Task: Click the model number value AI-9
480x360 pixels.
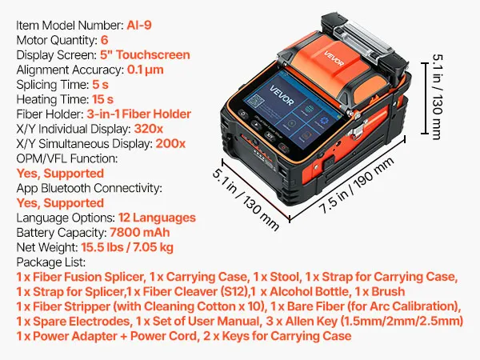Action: click(139, 25)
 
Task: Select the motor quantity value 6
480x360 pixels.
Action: click(104, 40)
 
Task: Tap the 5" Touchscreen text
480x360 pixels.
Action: click(145, 54)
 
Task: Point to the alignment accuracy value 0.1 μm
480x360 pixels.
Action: click(145, 70)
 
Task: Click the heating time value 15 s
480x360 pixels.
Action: click(103, 99)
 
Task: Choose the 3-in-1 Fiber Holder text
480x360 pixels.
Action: click(138, 114)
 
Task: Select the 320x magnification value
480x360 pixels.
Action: click(149, 129)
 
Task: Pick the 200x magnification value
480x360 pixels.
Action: click(170, 143)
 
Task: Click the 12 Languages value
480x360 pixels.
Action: click(157, 218)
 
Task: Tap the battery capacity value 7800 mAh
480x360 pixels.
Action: click(139, 232)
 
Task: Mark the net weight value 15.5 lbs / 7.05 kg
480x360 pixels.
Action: click(127, 247)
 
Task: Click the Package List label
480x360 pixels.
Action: click(51, 262)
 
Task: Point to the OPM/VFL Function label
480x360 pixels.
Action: click(67, 158)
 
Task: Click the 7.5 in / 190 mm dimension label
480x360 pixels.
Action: click(356, 186)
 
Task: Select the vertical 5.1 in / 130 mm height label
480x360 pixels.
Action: click(437, 97)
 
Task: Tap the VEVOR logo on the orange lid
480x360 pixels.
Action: click(334, 58)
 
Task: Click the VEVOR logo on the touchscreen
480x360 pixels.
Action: click(282, 95)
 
